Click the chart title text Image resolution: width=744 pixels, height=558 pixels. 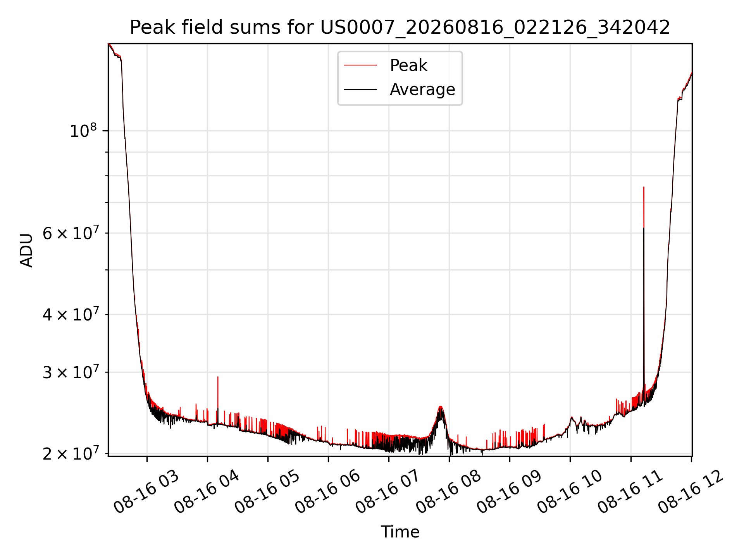point(400,28)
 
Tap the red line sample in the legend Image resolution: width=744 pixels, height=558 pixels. point(360,65)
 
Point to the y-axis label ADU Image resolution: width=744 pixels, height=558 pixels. point(26,250)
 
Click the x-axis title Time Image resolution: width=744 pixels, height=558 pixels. point(400,532)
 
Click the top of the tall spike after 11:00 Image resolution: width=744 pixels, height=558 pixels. point(644,187)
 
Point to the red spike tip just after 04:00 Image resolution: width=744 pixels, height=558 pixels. point(218,377)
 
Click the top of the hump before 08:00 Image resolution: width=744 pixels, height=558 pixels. point(440,406)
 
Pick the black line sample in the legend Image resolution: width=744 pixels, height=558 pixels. point(360,90)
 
